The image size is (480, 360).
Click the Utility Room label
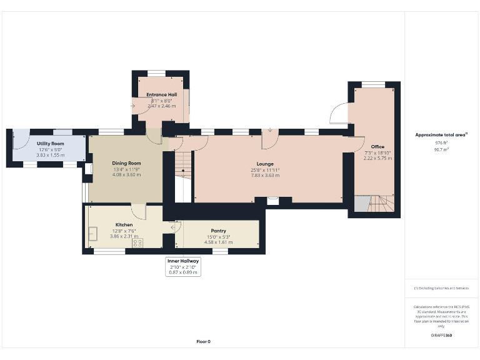[x=47, y=144]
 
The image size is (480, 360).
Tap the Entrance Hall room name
[x=162, y=95]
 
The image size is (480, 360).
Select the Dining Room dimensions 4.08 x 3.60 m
[x=126, y=174]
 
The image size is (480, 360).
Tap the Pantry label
[x=218, y=231]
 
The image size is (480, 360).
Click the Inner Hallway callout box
[x=183, y=267]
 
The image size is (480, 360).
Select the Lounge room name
[x=265, y=164]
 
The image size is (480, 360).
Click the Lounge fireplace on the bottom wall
[x=272, y=200]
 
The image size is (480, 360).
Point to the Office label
[x=377, y=147]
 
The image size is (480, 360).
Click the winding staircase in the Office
[x=378, y=203]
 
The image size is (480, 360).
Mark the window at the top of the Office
[x=374, y=84]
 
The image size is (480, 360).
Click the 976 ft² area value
[x=442, y=142]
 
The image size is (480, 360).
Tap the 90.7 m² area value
[x=442, y=149]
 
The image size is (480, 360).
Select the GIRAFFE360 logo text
[x=441, y=336]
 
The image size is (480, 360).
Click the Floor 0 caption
[x=204, y=341]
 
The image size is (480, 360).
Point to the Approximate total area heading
[x=441, y=134]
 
